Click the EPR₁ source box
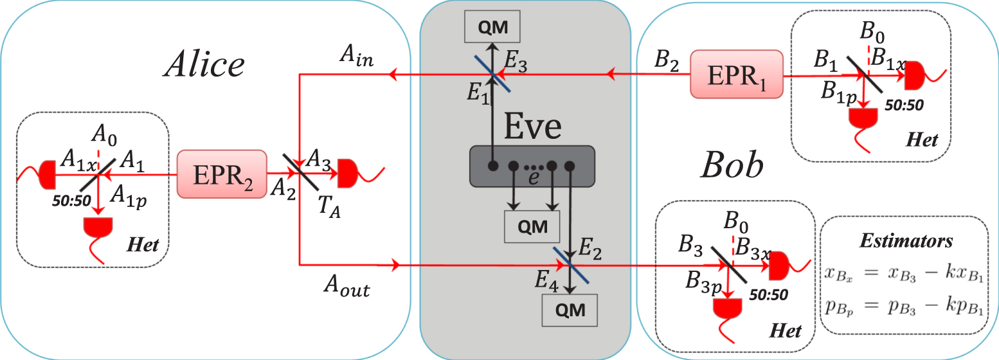click(737, 75)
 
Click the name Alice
click(204, 64)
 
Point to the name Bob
click(732, 166)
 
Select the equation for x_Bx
click(908, 276)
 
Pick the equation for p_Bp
click(908, 307)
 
